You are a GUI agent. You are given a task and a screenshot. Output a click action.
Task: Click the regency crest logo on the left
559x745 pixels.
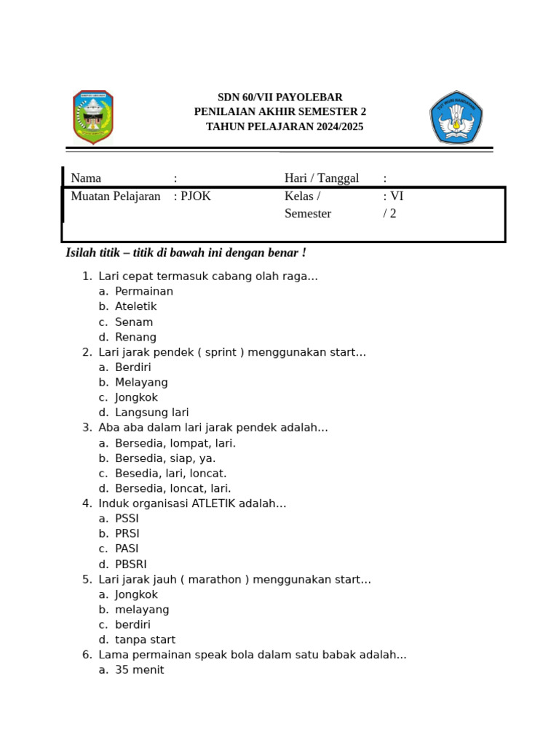93,116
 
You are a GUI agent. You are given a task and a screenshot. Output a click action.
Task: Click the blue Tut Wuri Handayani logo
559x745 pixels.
456,117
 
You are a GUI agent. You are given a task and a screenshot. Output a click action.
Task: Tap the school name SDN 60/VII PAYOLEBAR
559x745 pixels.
280,97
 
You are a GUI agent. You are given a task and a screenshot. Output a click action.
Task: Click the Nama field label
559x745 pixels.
86,178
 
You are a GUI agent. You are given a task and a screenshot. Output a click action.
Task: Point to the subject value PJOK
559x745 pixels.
196,196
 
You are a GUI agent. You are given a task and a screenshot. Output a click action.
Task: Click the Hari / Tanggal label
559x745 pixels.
322,178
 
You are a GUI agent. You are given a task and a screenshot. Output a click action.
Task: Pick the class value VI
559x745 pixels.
397,196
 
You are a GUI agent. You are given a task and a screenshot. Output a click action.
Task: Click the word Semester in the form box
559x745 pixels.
308,214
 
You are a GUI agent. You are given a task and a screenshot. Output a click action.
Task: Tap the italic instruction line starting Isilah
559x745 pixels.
186,253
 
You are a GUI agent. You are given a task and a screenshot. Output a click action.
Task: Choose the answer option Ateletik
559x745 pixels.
136,307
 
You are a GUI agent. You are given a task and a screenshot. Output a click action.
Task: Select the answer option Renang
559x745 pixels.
135,338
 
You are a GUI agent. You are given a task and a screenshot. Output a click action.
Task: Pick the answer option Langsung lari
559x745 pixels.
151,413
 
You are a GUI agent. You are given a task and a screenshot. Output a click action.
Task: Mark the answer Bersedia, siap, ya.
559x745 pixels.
165,458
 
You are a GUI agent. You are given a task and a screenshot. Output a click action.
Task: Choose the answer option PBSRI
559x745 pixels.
131,565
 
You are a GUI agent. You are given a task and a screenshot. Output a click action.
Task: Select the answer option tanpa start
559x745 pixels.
145,640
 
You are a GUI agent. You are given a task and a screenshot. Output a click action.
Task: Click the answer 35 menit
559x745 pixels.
139,670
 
